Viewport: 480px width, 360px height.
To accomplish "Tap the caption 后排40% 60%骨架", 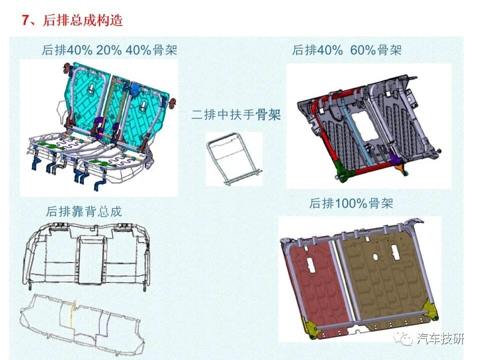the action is (x=347, y=50).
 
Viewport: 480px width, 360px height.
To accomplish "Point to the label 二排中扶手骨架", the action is (x=236, y=115).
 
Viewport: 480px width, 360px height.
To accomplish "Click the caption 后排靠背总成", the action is (x=84, y=211).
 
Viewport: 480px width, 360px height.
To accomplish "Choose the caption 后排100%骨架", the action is (x=351, y=203).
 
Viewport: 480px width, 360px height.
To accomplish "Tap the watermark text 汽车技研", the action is (x=440, y=339).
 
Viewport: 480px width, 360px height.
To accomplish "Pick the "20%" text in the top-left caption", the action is (x=105, y=50).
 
